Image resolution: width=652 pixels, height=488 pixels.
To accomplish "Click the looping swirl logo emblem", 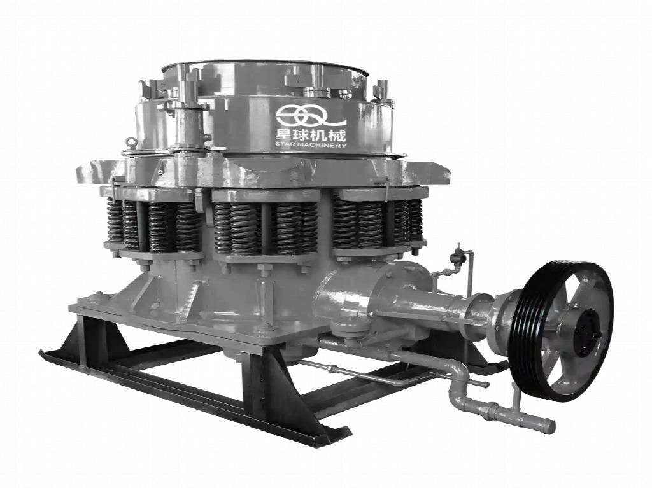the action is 311,115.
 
